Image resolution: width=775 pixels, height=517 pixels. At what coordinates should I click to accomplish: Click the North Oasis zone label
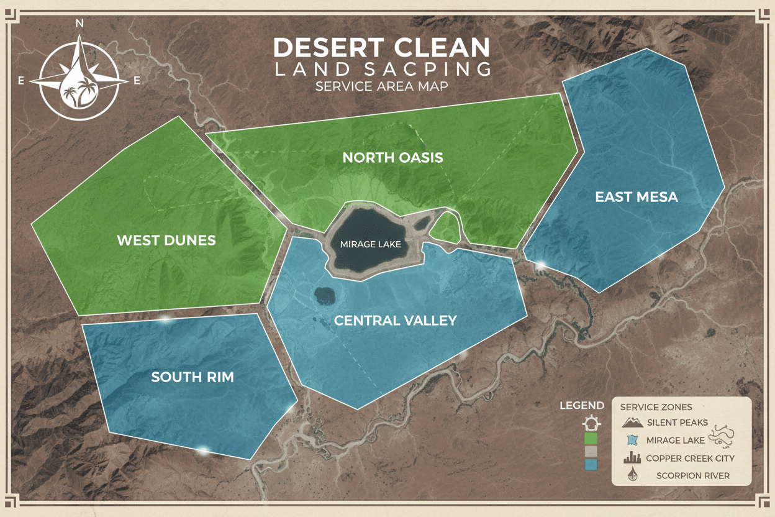[392, 158]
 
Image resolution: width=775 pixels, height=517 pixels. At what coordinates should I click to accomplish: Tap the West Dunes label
[166, 240]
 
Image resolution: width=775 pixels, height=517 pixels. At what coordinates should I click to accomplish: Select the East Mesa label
[636, 197]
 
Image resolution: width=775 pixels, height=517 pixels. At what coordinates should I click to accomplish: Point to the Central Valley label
[395, 321]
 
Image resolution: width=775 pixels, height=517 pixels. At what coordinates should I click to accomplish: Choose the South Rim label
[193, 377]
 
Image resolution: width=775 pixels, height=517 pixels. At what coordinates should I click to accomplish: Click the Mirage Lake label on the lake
[370, 244]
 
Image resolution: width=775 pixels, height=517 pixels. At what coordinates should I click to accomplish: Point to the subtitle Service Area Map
[381, 86]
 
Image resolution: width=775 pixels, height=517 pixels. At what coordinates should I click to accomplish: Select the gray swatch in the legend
[591, 452]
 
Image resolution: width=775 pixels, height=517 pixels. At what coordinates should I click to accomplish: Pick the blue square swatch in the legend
[591, 465]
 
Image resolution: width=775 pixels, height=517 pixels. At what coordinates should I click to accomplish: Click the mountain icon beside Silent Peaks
[632, 423]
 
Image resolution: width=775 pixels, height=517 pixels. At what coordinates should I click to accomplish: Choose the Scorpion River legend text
[693, 476]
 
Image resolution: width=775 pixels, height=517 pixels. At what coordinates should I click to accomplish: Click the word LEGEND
[582, 406]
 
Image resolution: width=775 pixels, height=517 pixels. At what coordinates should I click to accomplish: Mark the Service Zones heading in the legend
[656, 407]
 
